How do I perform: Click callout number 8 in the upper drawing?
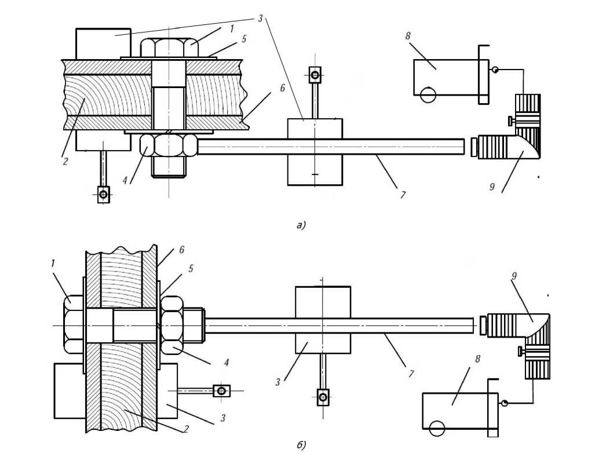point(407,36)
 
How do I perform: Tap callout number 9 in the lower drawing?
point(514,276)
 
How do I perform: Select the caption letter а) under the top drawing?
point(301,225)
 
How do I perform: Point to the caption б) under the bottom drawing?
point(301,445)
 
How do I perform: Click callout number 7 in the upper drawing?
point(403,195)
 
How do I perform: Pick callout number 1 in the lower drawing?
point(53,263)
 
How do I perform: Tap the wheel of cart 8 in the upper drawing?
point(428,94)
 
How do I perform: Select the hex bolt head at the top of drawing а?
point(169,47)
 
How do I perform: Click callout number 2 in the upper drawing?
point(65,161)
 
